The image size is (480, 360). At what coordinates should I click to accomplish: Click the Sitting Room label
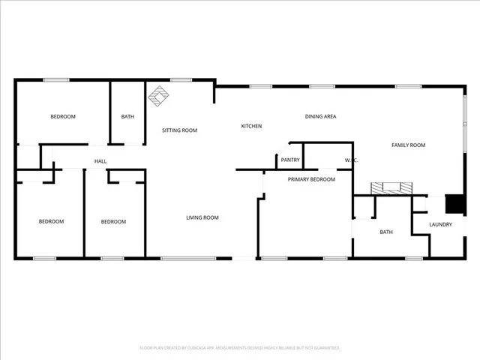[x=180, y=130]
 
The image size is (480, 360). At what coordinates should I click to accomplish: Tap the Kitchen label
[x=251, y=126]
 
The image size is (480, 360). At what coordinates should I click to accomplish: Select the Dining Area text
[x=320, y=116]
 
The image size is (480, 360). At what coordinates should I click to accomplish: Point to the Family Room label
[x=409, y=145]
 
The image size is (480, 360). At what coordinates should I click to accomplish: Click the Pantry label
[x=290, y=160]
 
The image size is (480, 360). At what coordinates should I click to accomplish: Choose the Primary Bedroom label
[x=311, y=179]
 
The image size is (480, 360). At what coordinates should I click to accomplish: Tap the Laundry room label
[x=440, y=224]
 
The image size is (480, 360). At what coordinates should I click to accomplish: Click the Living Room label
[x=202, y=217]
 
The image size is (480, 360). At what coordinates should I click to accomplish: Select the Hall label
[x=100, y=161]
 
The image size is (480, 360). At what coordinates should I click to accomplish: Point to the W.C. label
[x=349, y=160]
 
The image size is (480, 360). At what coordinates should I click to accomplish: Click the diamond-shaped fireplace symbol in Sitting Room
[x=158, y=94]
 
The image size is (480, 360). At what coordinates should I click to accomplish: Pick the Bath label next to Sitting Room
[x=128, y=116]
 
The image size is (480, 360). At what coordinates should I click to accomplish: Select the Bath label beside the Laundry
[x=386, y=232]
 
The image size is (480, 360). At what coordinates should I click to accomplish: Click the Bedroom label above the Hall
[x=63, y=116]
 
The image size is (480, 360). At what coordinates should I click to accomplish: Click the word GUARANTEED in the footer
[x=323, y=348]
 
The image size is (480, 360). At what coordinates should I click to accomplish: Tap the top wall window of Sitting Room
[x=179, y=80]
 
